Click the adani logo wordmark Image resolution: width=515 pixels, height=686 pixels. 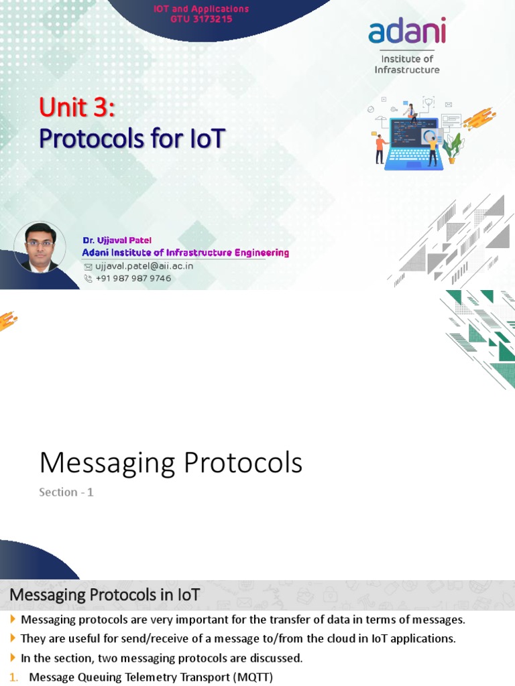(x=406, y=32)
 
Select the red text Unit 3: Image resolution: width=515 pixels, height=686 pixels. (x=77, y=107)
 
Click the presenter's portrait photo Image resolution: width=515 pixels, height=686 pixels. (x=40, y=247)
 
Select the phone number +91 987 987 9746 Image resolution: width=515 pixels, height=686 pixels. (x=133, y=278)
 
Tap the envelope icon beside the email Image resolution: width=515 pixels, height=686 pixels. (x=88, y=266)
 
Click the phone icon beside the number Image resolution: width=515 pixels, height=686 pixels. (x=88, y=278)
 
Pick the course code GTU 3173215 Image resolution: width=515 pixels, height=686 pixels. (x=201, y=19)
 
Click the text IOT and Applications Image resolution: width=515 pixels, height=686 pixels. (x=201, y=9)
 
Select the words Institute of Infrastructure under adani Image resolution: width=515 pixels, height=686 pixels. (x=406, y=64)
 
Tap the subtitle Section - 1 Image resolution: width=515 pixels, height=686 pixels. (x=66, y=492)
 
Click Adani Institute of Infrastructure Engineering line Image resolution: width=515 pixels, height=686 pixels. (x=186, y=253)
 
